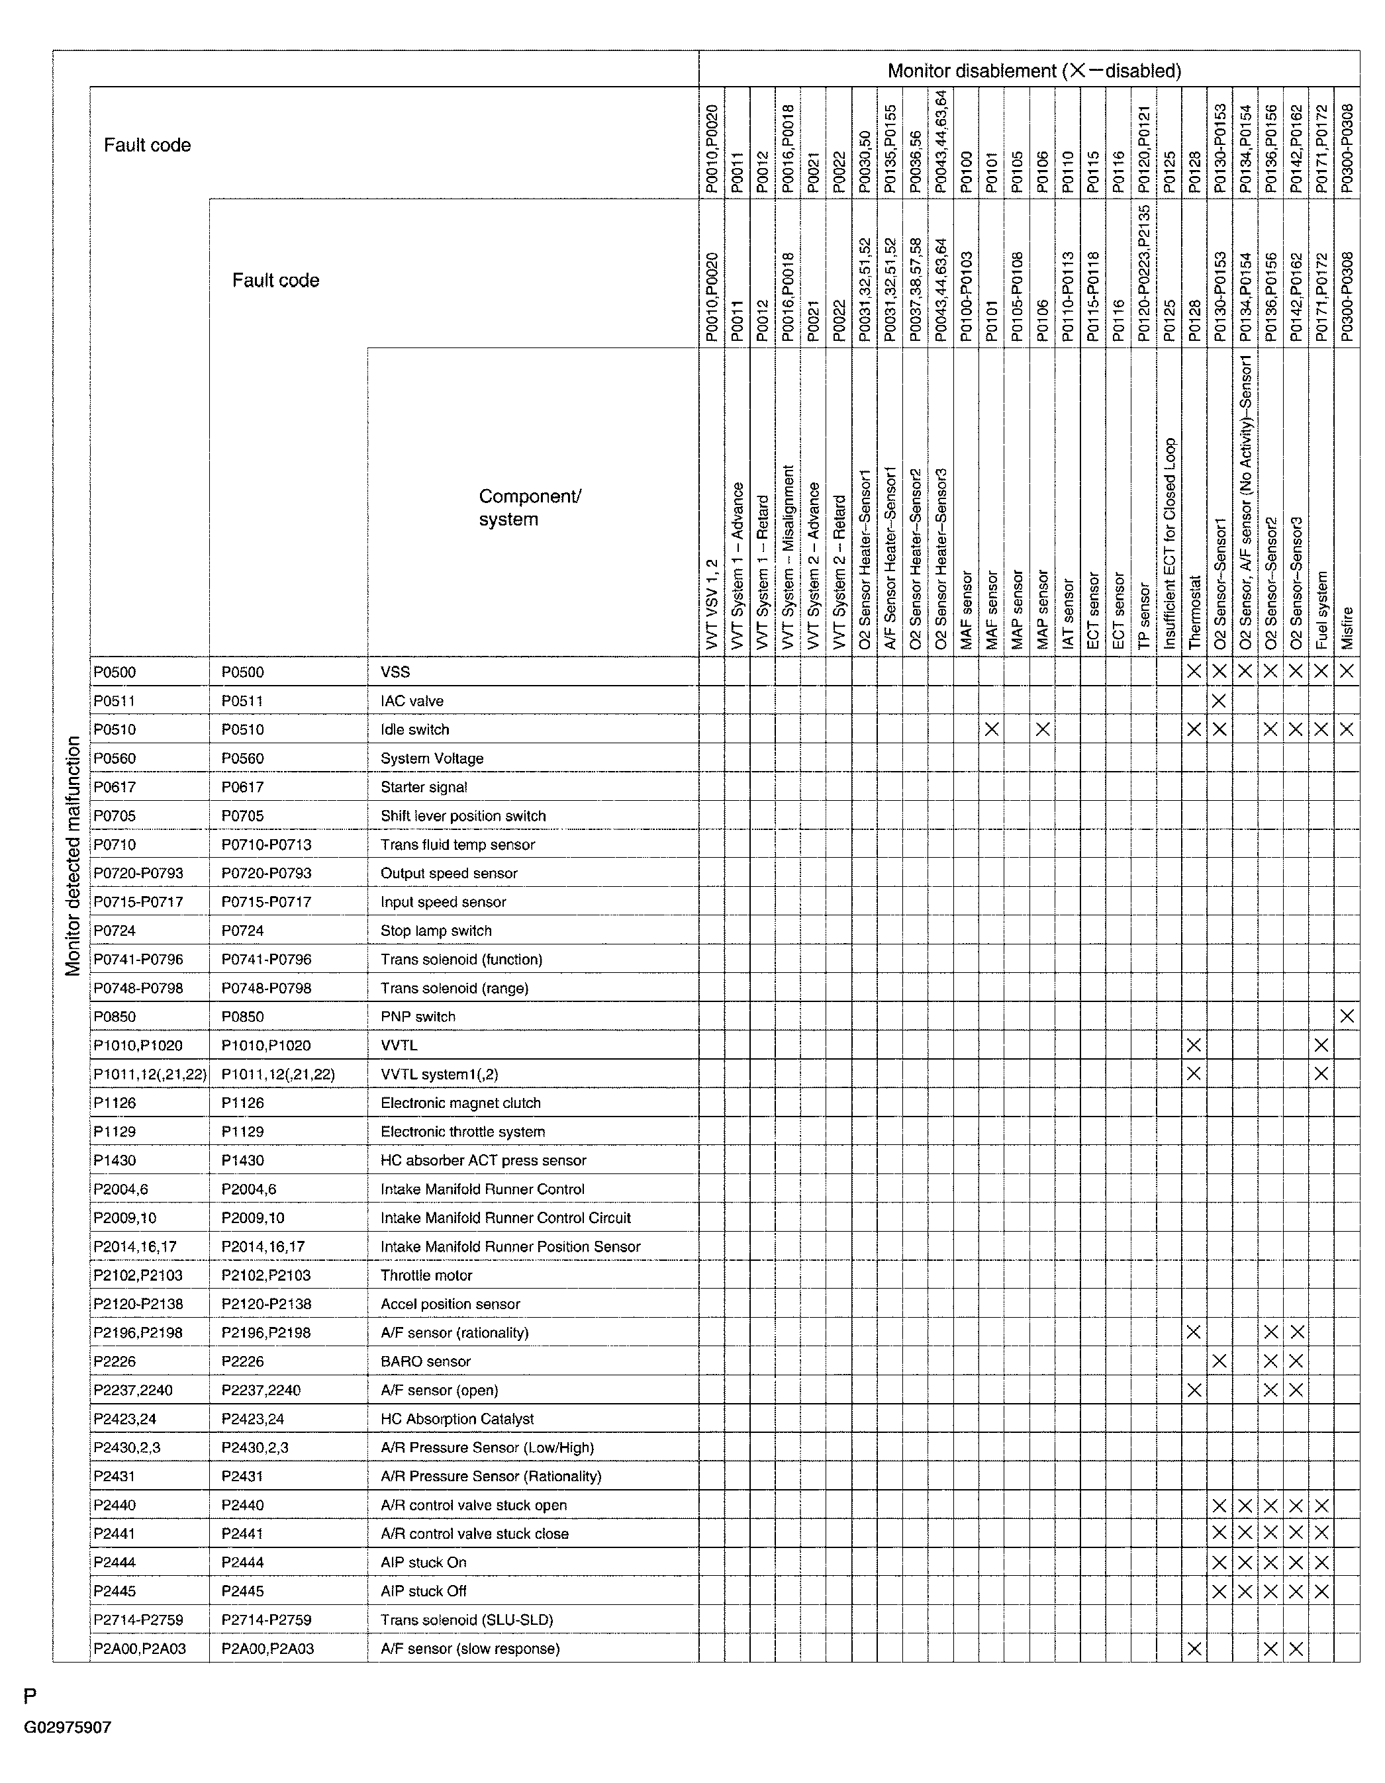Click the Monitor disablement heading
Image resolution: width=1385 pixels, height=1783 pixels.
(1034, 71)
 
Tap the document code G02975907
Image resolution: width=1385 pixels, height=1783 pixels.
(68, 1727)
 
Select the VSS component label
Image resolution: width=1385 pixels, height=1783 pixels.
(395, 672)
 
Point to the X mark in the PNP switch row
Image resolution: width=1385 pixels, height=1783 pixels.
(1347, 1017)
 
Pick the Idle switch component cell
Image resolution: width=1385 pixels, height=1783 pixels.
(415, 729)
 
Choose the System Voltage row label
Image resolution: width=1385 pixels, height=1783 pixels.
(432, 758)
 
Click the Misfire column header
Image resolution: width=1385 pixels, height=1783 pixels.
(1347, 628)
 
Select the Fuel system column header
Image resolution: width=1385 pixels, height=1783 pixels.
(1321, 610)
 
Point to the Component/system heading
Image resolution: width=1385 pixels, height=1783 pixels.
(529, 508)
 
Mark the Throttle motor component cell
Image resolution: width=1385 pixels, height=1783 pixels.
(426, 1275)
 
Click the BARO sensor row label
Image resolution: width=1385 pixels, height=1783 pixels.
(426, 1361)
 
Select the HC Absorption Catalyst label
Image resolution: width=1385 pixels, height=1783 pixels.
(457, 1419)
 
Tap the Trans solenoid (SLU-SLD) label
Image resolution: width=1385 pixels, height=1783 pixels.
(466, 1620)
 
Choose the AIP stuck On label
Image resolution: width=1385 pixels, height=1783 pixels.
(423, 1562)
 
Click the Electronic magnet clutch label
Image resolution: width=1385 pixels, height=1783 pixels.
(461, 1103)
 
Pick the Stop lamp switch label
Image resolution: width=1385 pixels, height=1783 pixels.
(436, 931)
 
